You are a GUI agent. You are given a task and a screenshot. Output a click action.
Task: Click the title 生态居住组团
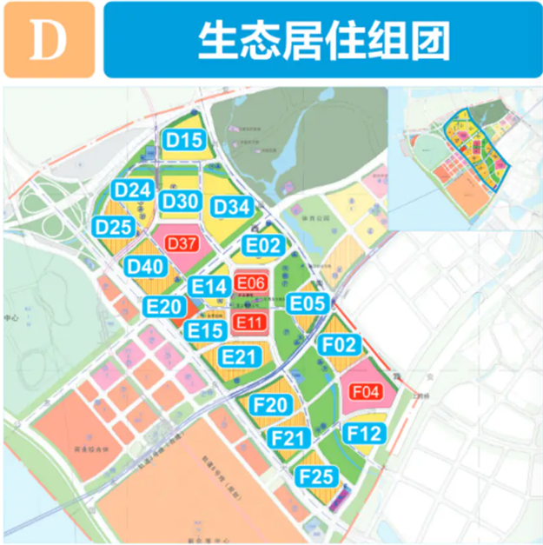(321, 40)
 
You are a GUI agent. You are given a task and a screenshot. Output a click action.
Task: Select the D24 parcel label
(134, 190)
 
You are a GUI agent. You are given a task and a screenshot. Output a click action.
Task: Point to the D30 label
(181, 202)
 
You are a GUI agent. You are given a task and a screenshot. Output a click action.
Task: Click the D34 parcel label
(232, 207)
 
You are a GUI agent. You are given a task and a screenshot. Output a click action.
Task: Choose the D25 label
(113, 227)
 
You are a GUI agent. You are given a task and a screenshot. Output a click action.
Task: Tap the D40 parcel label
(145, 266)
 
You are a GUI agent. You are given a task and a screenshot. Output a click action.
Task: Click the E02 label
(262, 245)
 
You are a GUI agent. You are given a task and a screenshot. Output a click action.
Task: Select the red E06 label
(249, 282)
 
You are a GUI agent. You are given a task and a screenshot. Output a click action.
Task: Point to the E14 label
(209, 286)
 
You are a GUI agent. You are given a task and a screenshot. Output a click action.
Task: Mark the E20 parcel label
(164, 306)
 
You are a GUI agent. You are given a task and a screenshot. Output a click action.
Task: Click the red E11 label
(249, 322)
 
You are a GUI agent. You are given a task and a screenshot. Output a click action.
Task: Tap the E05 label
(308, 303)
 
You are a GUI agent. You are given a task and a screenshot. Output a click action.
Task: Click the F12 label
(363, 432)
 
